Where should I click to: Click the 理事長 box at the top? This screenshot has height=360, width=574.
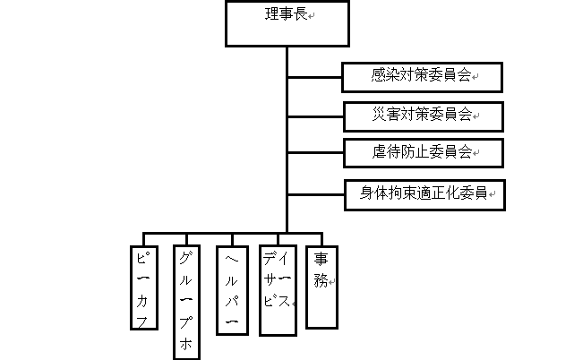click(x=287, y=24)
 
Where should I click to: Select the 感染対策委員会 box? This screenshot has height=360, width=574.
click(x=422, y=77)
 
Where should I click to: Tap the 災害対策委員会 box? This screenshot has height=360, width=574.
click(x=424, y=116)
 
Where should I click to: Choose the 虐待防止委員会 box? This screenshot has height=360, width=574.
click(x=424, y=152)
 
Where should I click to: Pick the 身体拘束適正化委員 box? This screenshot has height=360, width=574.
click(x=424, y=193)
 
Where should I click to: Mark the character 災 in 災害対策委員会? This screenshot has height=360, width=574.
click(x=380, y=115)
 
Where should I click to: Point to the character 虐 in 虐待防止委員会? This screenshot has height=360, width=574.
click(x=380, y=151)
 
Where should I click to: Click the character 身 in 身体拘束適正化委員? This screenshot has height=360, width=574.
click(x=367, y=193)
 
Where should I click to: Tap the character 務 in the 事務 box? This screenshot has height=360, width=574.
click(x=321, y=280)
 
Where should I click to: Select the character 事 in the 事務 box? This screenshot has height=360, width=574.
click(x=321, y=259)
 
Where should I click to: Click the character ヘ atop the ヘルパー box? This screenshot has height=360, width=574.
click(x=231, y=259)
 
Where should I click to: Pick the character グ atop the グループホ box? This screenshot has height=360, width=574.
click(x=186, y=260)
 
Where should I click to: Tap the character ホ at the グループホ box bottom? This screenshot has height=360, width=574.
click(x=186, y=343)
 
